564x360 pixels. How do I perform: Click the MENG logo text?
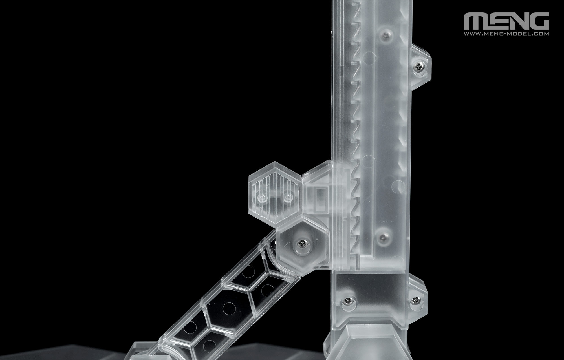[x=506, y=21]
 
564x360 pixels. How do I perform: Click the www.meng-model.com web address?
[x=506, y=34]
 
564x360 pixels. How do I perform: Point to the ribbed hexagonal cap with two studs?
[x=274, y=192]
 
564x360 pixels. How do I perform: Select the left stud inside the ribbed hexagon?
[x=262, y=198]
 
